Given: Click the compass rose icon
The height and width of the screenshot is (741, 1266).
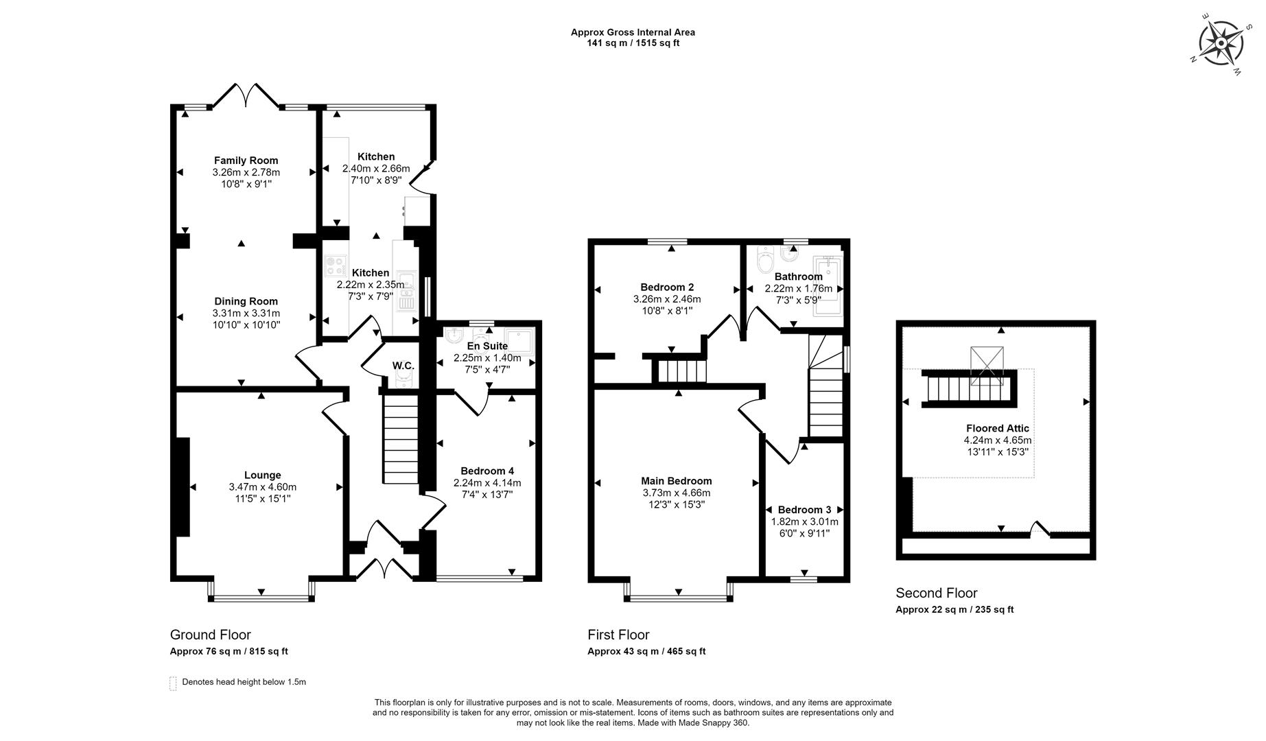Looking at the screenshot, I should [x=1221, y=43].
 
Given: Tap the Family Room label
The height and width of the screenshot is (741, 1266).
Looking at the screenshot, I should [x=246, y=161].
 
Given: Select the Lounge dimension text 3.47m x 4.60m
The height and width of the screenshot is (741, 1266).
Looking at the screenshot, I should [x=262, y=487].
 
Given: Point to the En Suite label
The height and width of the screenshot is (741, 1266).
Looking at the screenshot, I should [x=487, y=346].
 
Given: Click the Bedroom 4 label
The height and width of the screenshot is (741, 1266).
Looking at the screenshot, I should [x=487, y=471].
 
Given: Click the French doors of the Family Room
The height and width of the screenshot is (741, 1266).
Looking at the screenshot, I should [x=246, y=96].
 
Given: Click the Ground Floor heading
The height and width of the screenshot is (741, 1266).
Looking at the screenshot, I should [x=210, y=635].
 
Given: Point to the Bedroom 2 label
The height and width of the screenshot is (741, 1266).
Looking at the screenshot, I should [x=667, y=287].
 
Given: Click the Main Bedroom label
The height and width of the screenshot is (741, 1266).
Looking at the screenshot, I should [x=676, y=481].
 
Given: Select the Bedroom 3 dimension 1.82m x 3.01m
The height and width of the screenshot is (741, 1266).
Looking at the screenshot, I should [x=804, y=521].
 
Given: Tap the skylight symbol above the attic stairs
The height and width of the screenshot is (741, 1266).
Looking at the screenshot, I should [x=987, y=362].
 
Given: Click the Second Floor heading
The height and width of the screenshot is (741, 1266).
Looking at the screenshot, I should [x=936, y=593].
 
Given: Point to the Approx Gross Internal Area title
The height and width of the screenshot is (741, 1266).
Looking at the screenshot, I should [x=632, y=32].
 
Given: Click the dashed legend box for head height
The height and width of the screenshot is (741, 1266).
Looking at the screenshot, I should [x=173, y=683].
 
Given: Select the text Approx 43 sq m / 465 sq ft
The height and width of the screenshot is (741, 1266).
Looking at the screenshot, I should [x=646, y=652].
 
